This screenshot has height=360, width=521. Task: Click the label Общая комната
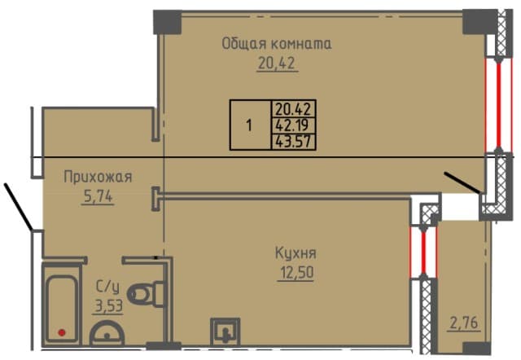(277, 44)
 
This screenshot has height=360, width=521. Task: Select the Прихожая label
(98, 176)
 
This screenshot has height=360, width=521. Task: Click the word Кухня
(296, 252)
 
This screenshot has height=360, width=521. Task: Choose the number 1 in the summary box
(249, 125)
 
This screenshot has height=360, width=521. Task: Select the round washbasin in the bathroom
(107, 335)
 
